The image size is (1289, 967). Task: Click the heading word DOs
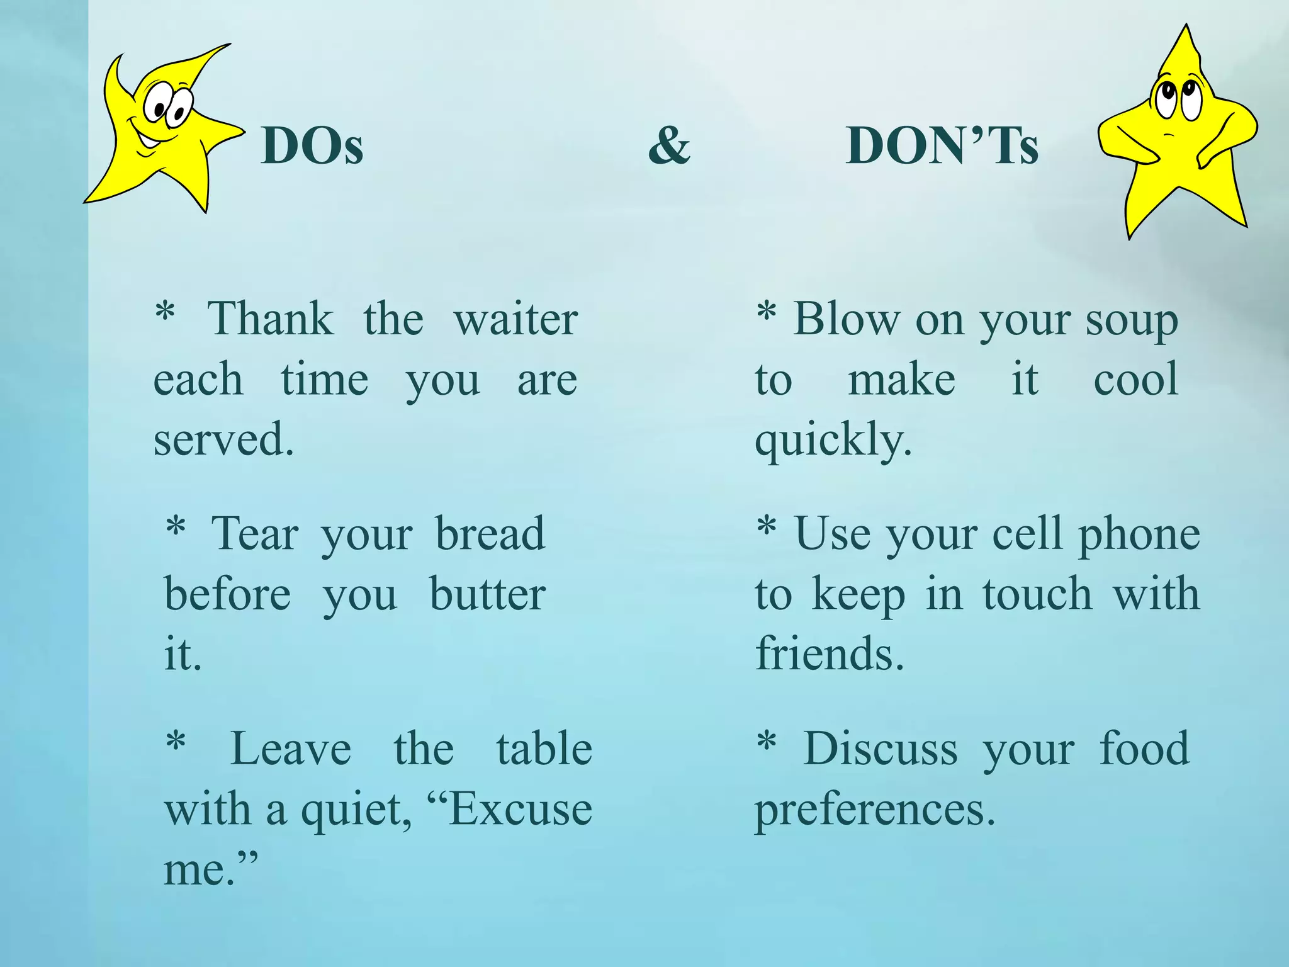312,146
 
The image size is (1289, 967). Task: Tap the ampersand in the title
669,145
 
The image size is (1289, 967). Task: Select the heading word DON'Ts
942,146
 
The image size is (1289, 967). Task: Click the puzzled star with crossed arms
1177,139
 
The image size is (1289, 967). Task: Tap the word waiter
515,319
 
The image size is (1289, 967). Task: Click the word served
223,439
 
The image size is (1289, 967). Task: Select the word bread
490,534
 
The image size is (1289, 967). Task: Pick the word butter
487,594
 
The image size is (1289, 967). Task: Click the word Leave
290,749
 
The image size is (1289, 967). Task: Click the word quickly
833,441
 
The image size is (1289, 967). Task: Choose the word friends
829,654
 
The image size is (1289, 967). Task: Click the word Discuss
881,749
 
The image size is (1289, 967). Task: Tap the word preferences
874,811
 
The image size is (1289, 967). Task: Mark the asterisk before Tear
176,526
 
